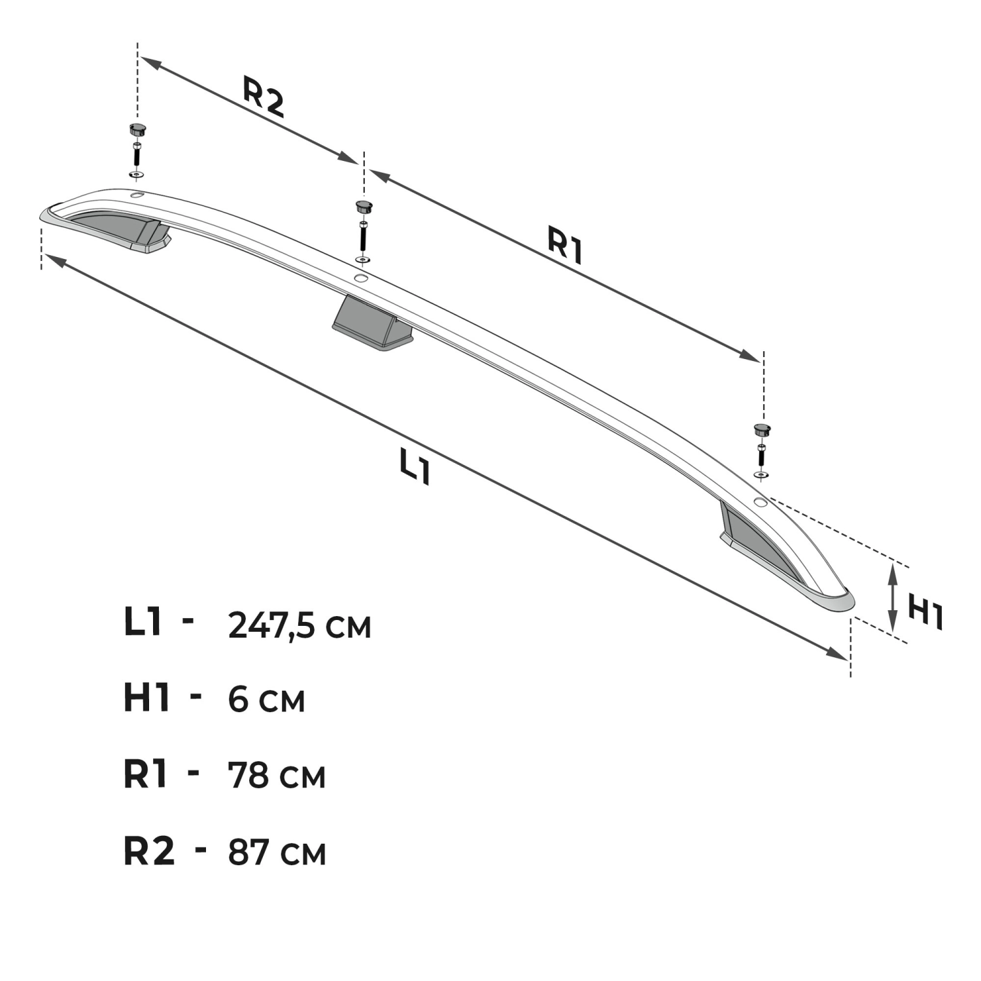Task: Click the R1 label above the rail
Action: [x=565, y=244]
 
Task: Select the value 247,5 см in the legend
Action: [x=300, y=625]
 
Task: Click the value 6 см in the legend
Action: [x=267, y=700]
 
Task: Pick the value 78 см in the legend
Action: [x=277, y=776]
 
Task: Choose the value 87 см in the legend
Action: [x=277, y=853]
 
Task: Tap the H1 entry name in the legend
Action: [x=147, y=698]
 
